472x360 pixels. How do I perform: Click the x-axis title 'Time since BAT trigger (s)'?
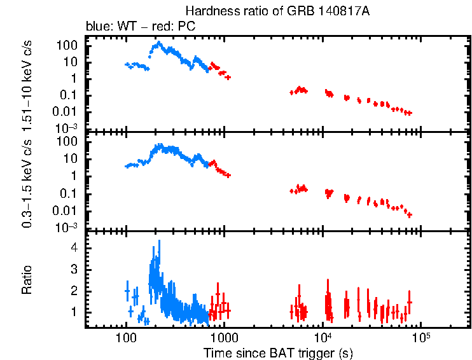point(278,352)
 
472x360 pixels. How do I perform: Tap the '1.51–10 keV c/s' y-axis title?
point(27,82)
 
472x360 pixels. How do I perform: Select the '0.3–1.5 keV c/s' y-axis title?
point(27,182)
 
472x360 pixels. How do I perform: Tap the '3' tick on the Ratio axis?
point(74,269)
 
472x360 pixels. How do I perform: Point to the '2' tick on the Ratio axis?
point(74,291)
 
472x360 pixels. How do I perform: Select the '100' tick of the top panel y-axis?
point(68,45)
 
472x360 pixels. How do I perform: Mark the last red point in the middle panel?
point(410,215)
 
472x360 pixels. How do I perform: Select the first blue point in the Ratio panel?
point(127,291)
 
